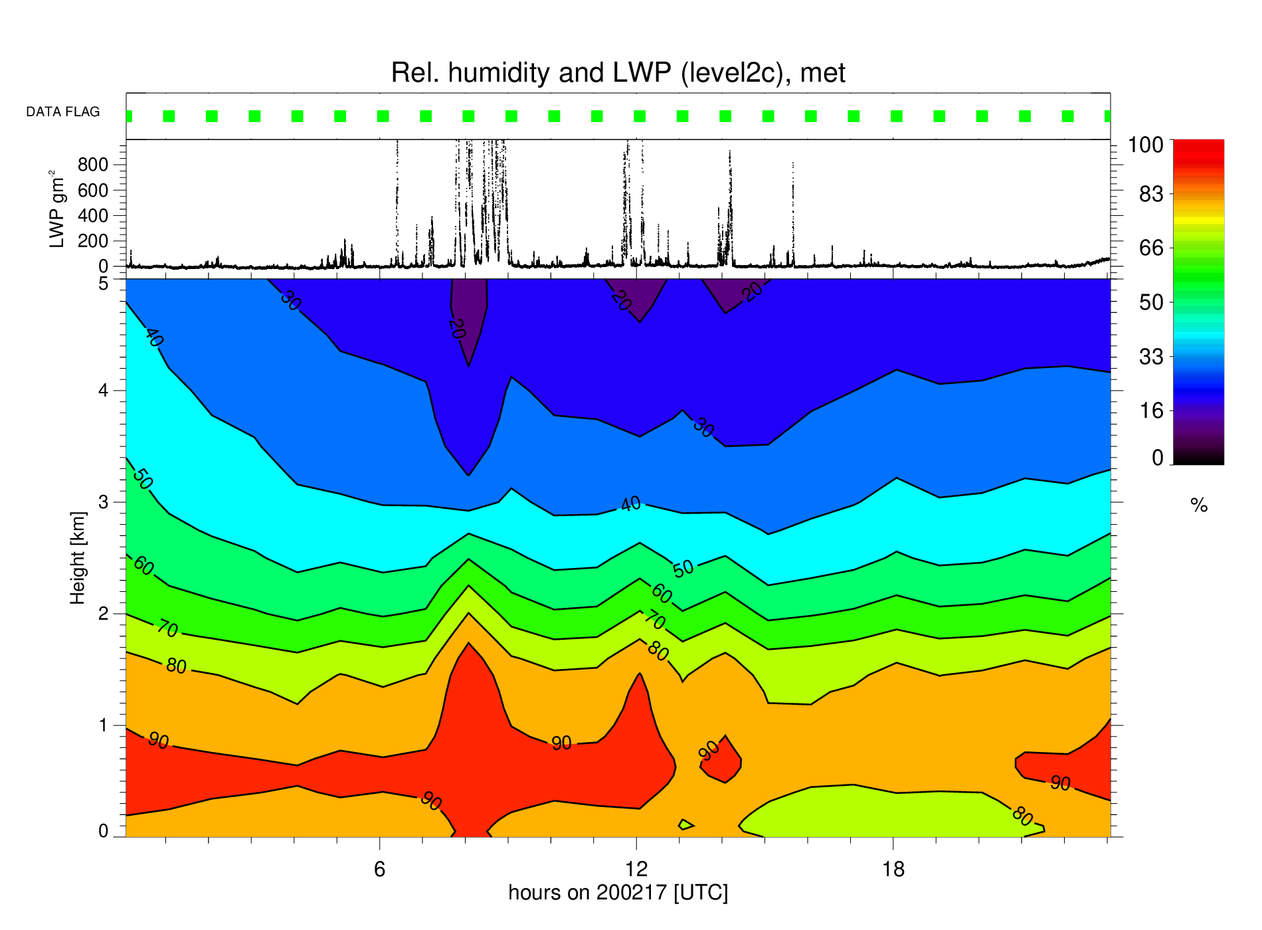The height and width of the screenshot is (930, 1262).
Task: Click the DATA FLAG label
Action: click(63, 112)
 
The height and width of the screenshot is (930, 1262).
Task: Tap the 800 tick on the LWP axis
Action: click(93, 164)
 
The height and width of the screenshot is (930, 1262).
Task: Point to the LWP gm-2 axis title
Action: click(57, 209)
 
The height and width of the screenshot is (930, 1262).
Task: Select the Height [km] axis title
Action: click(78, 558)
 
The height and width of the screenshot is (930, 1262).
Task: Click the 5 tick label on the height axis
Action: click(104, 284)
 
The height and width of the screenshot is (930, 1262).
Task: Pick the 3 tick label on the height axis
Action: click(104, 502)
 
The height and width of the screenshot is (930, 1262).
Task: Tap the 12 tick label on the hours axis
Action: click(636, 869)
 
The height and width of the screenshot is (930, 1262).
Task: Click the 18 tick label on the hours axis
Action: click(894, 869)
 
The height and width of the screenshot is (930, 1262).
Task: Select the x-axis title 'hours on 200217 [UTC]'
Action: click(618, 893)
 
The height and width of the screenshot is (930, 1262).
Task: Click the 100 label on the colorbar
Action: click(1146, 145)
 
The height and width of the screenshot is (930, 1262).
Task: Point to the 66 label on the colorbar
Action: click(1152, 248)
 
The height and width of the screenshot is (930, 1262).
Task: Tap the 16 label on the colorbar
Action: click(1152, 411)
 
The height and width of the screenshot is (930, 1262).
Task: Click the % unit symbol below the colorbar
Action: click(1199, 506)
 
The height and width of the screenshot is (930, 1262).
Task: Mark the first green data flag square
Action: click(129, 116)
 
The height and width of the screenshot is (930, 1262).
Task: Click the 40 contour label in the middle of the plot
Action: click(631, 504)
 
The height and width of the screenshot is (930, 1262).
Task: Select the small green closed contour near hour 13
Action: click(685, 824)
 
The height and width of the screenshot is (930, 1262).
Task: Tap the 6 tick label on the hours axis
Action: click(379, 869)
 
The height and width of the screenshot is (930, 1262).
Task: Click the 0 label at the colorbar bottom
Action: click(1158, 458)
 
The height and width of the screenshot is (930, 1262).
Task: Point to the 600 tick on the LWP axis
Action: click(93, 190)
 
